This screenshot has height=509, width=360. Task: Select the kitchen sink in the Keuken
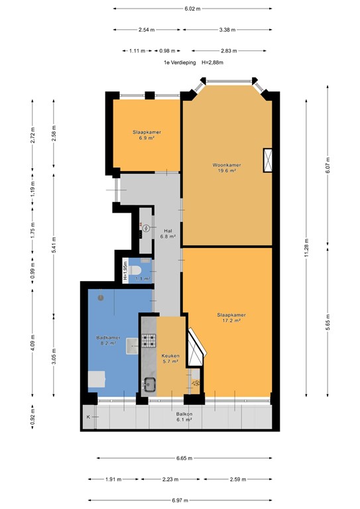coord(148,384)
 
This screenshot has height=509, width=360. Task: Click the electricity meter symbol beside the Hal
coord(145,227)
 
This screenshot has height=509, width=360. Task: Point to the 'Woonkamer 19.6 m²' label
coord(226,167)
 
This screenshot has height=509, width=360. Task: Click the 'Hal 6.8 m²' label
coord(168,233)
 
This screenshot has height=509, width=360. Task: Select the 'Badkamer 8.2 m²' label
coord(109,341)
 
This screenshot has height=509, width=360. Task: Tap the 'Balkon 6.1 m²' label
coord(184,416)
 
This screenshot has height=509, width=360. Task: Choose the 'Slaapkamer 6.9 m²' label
coord(146,135)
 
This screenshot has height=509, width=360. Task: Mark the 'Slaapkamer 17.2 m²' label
coord(227,317)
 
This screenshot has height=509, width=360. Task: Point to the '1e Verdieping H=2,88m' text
coord(194,62)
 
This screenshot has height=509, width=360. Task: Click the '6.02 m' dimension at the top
coord(192,9)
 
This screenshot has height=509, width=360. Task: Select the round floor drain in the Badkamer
coord(101,297)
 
